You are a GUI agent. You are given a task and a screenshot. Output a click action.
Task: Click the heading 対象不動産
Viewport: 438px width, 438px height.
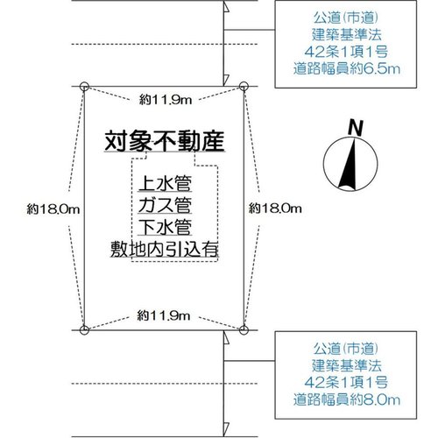(165, 141)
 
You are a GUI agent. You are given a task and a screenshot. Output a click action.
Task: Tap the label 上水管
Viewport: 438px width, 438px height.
(165, 183)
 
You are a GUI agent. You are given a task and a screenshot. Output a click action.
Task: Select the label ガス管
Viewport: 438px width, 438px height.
(165, 205)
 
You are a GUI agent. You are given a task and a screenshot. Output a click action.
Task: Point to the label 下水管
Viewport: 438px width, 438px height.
(165, 227)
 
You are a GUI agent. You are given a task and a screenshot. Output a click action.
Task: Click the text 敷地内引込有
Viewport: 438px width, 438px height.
(165, 250)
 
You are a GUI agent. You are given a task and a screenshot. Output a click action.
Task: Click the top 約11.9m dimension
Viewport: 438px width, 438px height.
(166, 100)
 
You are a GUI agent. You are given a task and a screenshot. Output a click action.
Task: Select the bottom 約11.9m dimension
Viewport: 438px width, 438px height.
(164, 315)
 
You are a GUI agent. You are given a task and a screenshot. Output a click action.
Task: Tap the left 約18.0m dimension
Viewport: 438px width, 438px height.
(53, 209)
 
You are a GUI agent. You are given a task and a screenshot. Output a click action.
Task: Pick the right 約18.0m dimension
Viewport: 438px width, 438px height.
(275, 208)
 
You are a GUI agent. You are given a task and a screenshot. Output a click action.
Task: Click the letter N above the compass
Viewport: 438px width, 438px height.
(356, 128)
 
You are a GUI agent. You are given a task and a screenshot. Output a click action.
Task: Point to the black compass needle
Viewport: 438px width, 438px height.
(349, 164)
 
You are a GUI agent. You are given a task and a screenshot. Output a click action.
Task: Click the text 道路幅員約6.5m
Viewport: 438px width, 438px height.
(347, 69)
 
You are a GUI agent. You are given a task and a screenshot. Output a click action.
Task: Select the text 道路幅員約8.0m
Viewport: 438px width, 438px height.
(347, 399)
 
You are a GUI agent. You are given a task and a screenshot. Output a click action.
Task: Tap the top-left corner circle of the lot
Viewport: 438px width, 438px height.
(84, 87)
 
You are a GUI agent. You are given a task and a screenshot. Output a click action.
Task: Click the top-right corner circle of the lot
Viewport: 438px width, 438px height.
(244, 87)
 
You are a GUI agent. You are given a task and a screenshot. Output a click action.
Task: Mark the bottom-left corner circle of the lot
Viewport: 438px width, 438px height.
(84, 330)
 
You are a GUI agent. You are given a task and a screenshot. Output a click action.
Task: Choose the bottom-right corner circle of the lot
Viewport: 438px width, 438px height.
(244, 330)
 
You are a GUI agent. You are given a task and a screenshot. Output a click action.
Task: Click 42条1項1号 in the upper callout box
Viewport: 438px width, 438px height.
(346, 52)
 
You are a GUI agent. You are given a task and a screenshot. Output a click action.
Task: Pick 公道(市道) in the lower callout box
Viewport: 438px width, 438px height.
(346, 349)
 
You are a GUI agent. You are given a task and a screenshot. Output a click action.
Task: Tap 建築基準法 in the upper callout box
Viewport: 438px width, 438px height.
(347, 35)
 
